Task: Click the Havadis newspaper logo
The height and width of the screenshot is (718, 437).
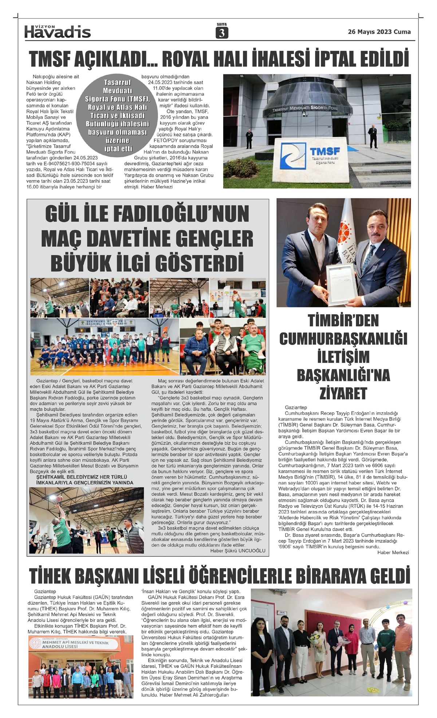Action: pyautogui.click(x=58, y=32)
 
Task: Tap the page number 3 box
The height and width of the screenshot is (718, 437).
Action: pyautogui.click(x=221, y=33)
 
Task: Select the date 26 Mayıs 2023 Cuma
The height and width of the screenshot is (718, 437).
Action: pyautogui.click(x=379, y=32)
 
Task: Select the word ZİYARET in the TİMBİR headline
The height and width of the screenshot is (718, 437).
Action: pyautogui.click(x=343, y=393)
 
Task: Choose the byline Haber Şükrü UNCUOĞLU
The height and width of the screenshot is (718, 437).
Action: pyautogui.click(x=238, y=551)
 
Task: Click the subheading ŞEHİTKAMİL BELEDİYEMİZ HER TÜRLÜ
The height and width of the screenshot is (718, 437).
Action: pyautogui.click(x=82, y=477)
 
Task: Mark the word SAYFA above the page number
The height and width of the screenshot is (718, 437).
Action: pyautogui.click(x=221, y=24)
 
